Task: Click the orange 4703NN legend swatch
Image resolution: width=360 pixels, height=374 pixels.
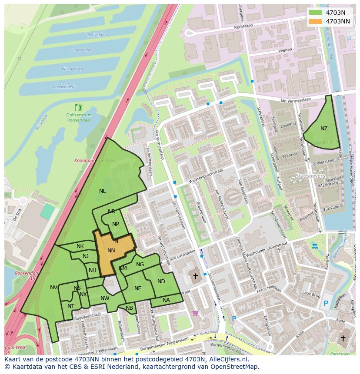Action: (x=316, y=21)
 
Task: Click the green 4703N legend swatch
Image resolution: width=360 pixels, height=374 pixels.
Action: (x=316, y=13)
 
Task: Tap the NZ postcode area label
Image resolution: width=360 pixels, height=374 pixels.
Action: (x=324, y=129)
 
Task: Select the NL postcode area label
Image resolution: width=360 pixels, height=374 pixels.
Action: (x=102, y=191)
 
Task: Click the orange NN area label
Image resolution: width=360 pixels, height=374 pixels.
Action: (x=111, y=251)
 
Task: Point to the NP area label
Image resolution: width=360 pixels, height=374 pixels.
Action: (x=116, y=225)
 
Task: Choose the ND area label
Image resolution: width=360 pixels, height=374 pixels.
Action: (x=161, y=282)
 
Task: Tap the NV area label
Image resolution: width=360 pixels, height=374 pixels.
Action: (x=53, y=288)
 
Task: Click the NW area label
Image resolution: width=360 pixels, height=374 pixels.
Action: (x=105, y=298)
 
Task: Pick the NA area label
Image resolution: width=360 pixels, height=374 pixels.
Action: (x=166, y=300)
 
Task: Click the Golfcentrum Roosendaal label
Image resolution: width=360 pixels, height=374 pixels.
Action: (x=79, y=117)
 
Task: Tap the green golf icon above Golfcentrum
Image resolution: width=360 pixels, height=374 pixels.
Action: (x=78, y=107)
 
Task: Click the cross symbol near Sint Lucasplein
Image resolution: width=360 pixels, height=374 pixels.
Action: (x=195, y=276)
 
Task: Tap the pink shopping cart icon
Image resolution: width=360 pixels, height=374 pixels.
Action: (x=195, y=313)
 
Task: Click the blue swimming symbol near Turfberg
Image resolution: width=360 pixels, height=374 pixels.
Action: (x=315, y=246)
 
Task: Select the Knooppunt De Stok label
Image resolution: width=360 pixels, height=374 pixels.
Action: (x=100, y=161)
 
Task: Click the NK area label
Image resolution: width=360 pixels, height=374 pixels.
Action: (x=80, y=246)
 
